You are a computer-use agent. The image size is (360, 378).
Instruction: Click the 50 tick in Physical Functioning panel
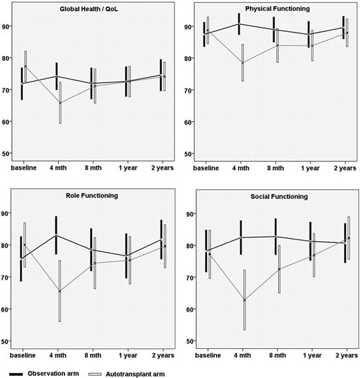pyautogui.click(x=188, y=153)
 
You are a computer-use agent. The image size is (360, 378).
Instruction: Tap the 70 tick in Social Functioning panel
pyautogui.click(x=188, y=278)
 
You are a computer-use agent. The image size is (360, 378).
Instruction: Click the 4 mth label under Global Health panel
pyautogui.click(x=60, y=168)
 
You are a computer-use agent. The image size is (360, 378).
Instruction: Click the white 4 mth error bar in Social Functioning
pyautogui.click(x=244, y=300)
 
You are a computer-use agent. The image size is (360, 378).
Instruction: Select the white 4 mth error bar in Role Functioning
pyautogui.click(x=60, y=291)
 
